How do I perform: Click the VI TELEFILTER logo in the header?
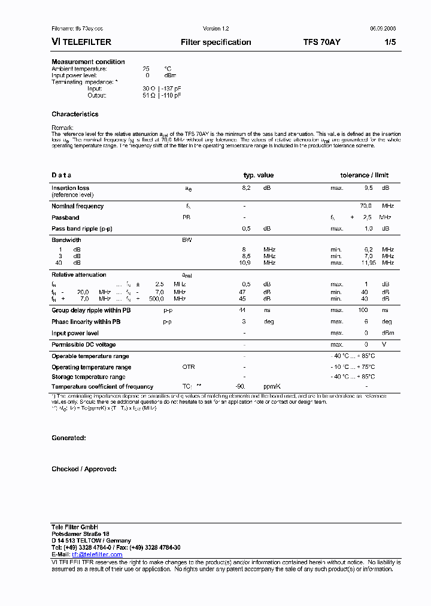click(81, 43)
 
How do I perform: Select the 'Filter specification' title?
click(215, 43)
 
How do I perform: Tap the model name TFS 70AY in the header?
click(322, 43)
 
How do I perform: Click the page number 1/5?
click(389, 43)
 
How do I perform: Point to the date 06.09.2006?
click(382, 29)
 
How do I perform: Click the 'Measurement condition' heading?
click(88, 62)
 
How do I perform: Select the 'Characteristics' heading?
click(75, 114)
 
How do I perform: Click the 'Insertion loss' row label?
click(70, 188)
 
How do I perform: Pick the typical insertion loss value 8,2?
click(246, 188)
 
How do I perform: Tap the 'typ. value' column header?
click(258, 175)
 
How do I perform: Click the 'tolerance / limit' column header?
click(364, 175)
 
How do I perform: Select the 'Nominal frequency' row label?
click(77, 206)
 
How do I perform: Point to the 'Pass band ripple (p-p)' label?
click(81, 229)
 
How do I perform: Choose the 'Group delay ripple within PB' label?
click(91, 310)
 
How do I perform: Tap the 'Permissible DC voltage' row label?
click(83, 344)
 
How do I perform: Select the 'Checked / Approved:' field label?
click(84, 469)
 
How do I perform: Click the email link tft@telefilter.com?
click(96, 555)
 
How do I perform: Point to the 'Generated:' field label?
click(69, 438)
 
